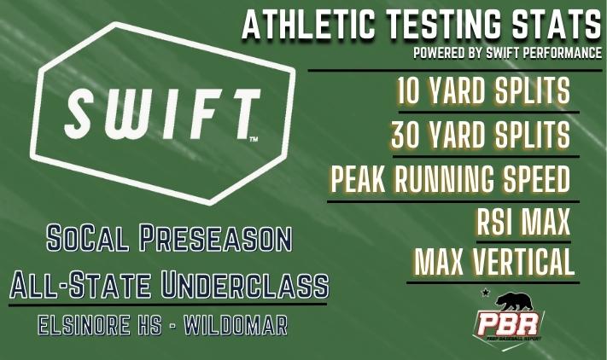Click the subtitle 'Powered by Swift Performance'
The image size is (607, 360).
507,53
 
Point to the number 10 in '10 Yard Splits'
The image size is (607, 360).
408,91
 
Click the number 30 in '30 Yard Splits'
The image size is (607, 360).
405,135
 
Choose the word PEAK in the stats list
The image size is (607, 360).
358,179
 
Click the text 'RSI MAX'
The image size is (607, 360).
523,222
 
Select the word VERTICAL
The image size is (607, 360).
523,262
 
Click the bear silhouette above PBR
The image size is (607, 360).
516,302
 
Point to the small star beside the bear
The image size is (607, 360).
485,293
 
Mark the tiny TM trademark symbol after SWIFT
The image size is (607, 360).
254,139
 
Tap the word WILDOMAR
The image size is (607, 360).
236,325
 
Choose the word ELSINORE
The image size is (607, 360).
84,325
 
